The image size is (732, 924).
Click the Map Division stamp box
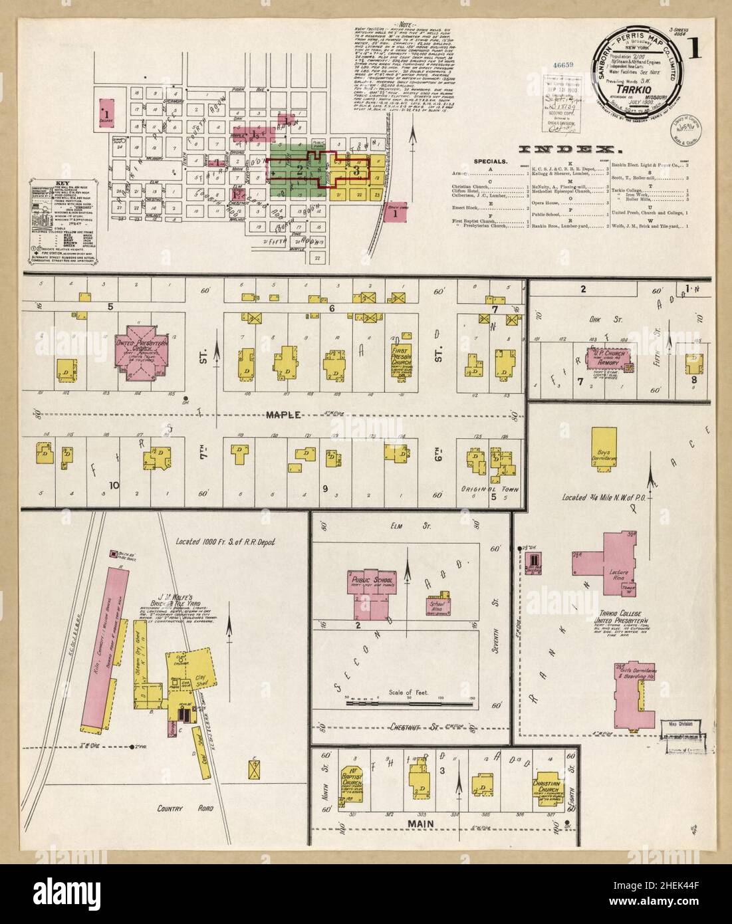677,729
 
